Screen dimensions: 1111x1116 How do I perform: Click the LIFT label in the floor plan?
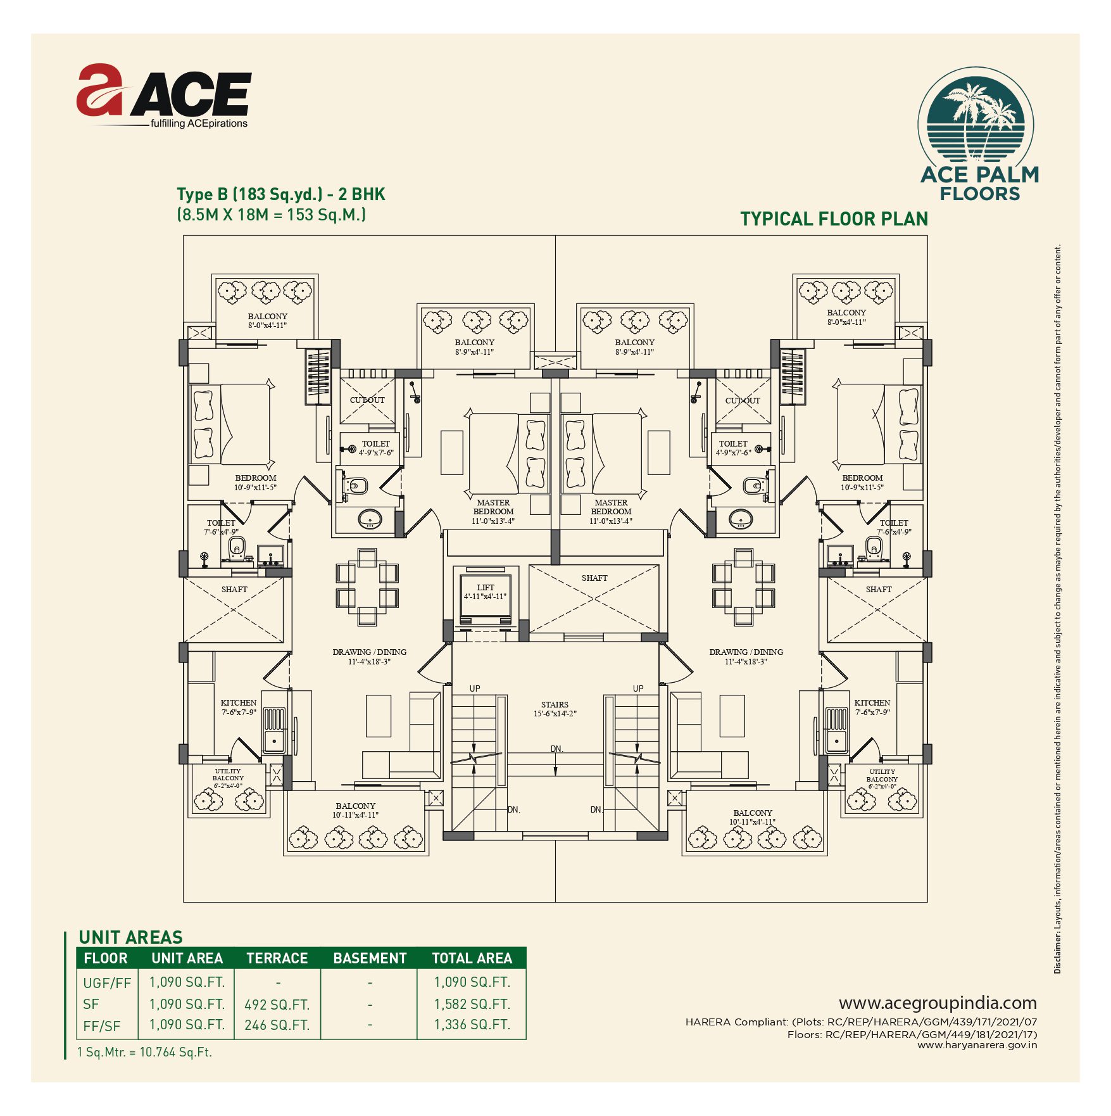tap(486, 587)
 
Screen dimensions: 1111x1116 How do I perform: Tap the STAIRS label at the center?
tap(555, 704)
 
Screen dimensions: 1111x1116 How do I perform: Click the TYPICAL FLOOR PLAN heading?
tap(834, 219)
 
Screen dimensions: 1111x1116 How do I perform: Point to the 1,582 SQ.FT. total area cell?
tap(472, 1004)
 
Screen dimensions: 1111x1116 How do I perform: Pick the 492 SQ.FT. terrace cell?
tap(277, 1005)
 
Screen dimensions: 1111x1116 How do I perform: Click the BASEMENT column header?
tap(370, 958)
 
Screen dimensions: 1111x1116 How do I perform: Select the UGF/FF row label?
tap(107, 983)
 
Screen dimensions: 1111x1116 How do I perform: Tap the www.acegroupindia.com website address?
tap(938, 1003)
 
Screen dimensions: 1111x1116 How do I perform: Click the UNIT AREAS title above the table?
tap(130, 937)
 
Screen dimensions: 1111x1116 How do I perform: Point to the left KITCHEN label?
tap(239, 702)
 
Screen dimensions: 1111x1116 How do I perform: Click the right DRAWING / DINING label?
tap(746, 652)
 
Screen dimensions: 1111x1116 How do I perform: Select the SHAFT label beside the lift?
tap(594, 578)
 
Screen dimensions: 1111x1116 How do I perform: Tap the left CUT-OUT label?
tap(367, 400)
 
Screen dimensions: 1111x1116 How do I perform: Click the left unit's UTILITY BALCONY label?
tap(228, 775)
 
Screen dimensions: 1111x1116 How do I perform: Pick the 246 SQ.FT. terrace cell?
tap(277, 1025)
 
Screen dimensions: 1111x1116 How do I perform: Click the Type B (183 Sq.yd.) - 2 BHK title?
tap(281, 194)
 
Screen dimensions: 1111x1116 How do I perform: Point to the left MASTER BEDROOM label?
tap(493, 507)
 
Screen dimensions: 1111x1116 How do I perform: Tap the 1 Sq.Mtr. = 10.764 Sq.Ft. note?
tap(144, 1052)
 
